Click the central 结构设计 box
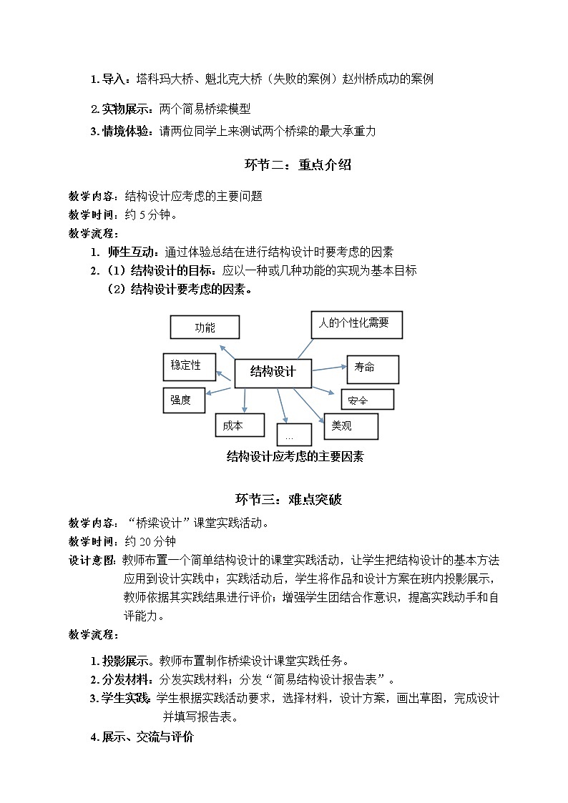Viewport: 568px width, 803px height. coord(273,372)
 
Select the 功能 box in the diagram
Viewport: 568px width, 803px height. coord(205,327)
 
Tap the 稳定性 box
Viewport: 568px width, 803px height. coord(185,366)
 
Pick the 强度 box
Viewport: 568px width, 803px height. coord(184,400)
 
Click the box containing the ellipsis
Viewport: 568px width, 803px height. coord(293,435)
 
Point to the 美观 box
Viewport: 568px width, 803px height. coord(351,425)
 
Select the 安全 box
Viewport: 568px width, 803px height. coord(367,400)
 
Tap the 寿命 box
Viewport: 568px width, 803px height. coord(373,368)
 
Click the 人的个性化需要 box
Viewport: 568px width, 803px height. coord(356,324)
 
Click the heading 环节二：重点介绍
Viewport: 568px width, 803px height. coord(298,165)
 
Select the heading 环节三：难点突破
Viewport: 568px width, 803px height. coord(289,499)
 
